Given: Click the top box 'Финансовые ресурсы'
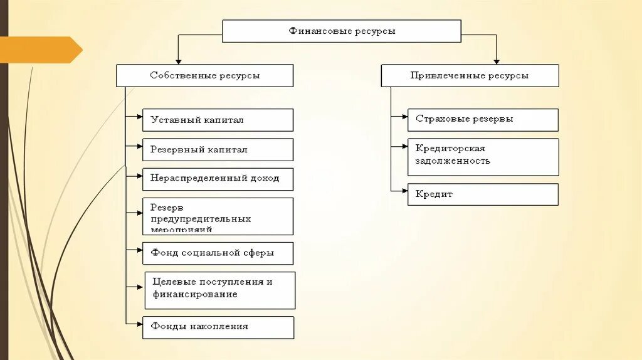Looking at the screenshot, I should [342, 31].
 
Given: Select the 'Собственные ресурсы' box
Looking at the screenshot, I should [204, 75].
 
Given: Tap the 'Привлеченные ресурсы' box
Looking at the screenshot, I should [470, 75].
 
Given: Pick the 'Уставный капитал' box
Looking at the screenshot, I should [218, 120].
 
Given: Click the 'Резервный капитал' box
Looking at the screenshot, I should [218, 150].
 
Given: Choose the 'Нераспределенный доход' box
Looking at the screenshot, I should [218, 178].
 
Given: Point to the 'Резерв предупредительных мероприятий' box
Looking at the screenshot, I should [218, 216].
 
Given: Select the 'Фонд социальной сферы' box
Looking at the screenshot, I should [218, 253].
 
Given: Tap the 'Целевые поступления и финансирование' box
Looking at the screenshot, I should [219, 290].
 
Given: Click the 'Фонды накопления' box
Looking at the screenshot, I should [218, 327].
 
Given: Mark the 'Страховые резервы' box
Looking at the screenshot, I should [483, 120].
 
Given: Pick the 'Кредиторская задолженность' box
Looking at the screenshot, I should [483, 157].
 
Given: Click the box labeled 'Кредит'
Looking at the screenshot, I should [483, 194].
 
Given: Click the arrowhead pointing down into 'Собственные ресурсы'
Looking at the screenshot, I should [179, 61].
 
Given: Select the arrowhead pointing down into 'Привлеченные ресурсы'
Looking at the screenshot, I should [497, 61].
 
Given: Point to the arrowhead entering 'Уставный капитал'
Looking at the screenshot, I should [139, 116].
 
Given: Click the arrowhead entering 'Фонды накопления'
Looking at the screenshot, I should [139, 324].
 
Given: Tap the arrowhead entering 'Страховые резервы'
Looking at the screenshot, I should [404, 116].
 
